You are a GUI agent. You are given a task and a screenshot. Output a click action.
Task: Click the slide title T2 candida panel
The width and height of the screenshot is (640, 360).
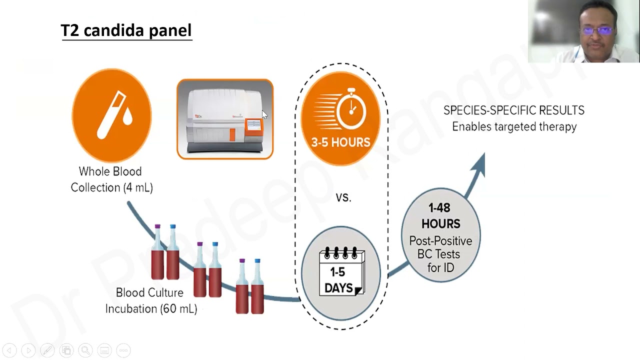[x=126, y=30]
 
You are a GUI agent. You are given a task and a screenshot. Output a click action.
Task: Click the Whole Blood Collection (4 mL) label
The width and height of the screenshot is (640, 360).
[x=111, y=179]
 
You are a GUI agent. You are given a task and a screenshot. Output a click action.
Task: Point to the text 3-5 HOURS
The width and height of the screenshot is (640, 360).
[x=340, y=142]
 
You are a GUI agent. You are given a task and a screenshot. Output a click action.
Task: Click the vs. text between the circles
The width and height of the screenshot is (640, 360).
[x=343, y=197]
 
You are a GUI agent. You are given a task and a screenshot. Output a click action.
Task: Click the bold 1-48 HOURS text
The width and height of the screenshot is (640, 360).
[x=440, y=215]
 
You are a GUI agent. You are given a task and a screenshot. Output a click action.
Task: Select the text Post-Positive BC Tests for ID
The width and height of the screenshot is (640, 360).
[x=440, y=254]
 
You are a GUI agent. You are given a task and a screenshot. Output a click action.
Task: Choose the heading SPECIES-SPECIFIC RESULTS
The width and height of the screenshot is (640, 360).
[x=513, y=110]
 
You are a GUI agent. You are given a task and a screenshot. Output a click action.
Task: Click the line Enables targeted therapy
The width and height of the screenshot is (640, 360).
[x=514, y=126]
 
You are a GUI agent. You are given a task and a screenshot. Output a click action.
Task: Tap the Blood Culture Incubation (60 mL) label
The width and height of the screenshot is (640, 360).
[x=151, y=300]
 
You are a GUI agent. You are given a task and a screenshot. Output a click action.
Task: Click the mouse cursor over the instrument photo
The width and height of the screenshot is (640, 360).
[x=264, y=114]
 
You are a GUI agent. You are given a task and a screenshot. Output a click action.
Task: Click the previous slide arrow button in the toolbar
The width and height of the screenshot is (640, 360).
[x=9, y=350]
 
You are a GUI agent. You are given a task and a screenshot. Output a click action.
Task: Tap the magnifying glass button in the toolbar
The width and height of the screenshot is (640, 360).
[x=85, y=350]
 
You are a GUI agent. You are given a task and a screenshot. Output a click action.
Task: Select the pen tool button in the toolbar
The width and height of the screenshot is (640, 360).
[x=47, y=350]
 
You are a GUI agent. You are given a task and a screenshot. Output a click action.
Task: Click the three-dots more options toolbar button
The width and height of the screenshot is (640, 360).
[x=123, y=350]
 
